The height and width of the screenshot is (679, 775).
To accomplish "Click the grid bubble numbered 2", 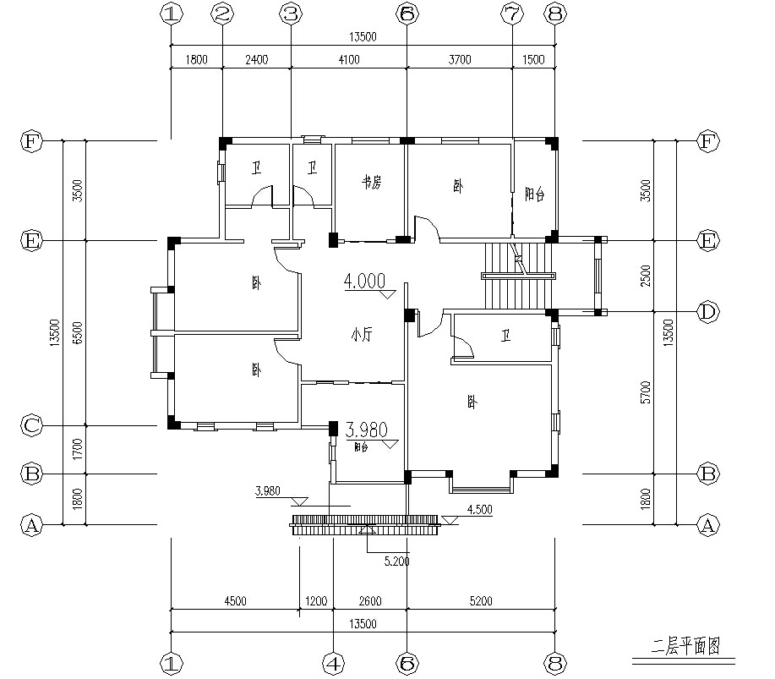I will (x=222, y=14).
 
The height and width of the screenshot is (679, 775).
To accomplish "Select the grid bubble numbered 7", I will (x=512, y=14).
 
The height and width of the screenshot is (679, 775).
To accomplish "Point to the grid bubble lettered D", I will (x=707, y=312).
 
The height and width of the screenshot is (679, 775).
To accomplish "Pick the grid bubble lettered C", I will (x=31, y=425).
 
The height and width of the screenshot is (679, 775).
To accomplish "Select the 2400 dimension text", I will (x=256, y=59).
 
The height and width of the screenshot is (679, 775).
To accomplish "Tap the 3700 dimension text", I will (x=460, y=59).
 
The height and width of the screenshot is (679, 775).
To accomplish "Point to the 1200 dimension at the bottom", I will (x=316, y=602).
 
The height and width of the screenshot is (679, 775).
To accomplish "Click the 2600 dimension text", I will (x=370, y=602).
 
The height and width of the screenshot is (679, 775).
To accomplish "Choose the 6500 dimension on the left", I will (x=77, y=331).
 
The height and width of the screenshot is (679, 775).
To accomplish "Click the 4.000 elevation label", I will (x=364, y=282).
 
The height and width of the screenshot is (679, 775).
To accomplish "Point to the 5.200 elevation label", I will (x=396, y=560).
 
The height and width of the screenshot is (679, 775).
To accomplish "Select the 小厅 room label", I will (x=362, y=335).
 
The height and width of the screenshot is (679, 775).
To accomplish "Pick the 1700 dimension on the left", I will (x=77, y=449).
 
